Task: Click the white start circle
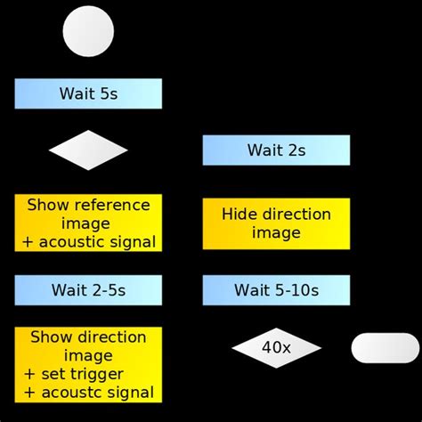(x=88, y=31)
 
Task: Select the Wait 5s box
(x=88, y=93)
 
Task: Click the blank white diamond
(x=88, y=150)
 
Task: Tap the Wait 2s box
(x=276, y=150)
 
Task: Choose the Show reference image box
(x=88, y=223)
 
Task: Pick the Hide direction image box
(x=276, y=223)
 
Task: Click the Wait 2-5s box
(x=88, y=290)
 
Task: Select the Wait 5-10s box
(x=276, y=290)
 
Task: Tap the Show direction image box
(x=88, y=364)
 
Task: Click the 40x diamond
(x=276, y=348)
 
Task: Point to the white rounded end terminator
(x=385, y=348)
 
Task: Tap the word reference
(x=112, y=206)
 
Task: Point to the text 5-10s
(x=297, y=290)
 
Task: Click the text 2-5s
(x=108, y=290)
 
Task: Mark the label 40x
(x=276, y=348)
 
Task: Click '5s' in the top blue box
(x=109, y=93)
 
